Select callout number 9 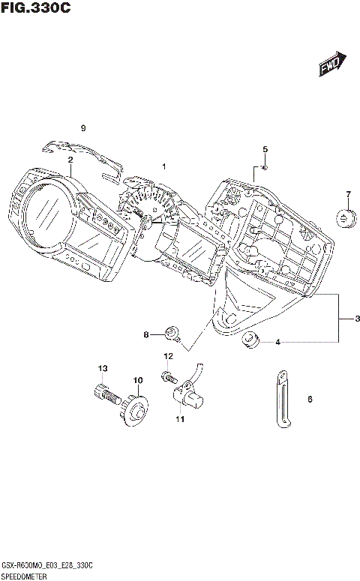point(84,127)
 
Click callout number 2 point(70,160)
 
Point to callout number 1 point(163,166)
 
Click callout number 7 point(348,196)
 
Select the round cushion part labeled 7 point(345,220)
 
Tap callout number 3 point(357,319)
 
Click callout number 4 point(277,343)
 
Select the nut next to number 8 point(172,332)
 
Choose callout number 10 point(138,381)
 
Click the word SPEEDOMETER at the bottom point(25,576)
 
